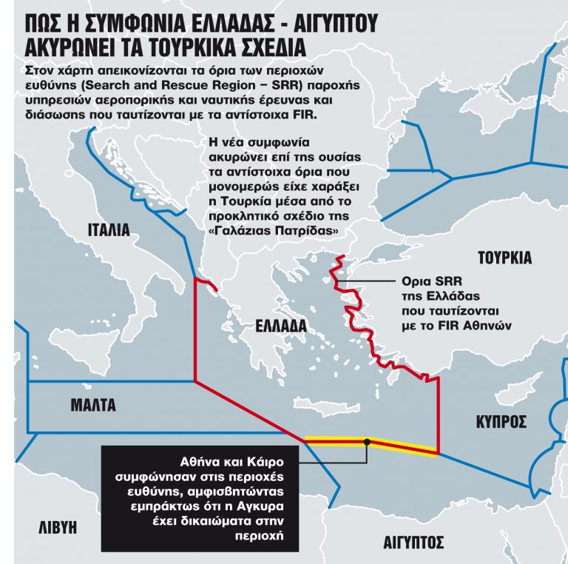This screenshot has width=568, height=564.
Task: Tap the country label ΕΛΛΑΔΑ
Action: point(281,326)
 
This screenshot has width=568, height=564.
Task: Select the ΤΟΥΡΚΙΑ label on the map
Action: point(504,258)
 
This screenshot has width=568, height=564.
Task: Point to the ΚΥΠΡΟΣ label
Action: point(501,422)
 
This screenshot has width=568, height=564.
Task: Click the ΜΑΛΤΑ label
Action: point(93,405)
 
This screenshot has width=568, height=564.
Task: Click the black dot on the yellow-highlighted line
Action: point(367,442)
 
